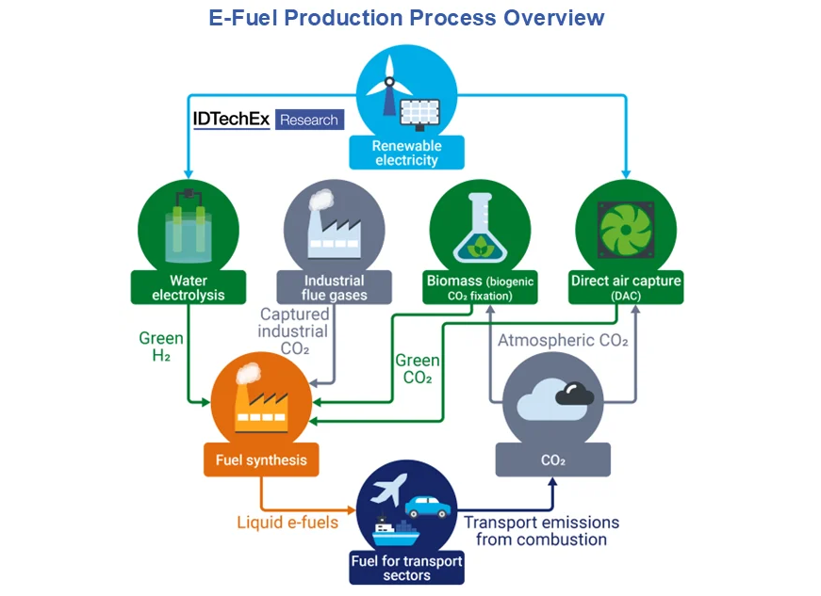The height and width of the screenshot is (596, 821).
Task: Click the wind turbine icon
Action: tap(388, 86)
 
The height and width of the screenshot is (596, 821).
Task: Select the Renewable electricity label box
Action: tap(407, 153)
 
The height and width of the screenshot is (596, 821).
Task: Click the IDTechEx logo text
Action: tap(231, 120)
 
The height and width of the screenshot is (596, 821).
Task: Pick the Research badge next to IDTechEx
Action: tap(309, 120)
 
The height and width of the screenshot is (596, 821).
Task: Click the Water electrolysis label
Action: tap(189, 287)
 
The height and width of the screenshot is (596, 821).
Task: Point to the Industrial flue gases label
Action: tap(334, 287)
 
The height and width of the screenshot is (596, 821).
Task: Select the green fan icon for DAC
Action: tap(626, 230)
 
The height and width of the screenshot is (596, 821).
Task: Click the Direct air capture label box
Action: tap(626, 287)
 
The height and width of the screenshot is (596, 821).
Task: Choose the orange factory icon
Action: tap(260, 401)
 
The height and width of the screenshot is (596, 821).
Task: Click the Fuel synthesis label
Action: tap(261, 459)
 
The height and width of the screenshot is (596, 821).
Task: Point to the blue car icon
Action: tap(428, 507)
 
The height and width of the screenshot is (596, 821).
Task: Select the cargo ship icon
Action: tap(396, 532)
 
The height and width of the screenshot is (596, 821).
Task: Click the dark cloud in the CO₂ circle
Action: tap(574, 395)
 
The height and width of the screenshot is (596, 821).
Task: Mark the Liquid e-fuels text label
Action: tap(287, 523)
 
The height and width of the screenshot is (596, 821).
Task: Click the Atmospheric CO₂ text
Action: tap(563, 340)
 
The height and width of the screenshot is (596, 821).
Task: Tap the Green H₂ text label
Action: tap(161, 346)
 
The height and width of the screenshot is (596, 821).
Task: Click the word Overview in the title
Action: tap(554, 18)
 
